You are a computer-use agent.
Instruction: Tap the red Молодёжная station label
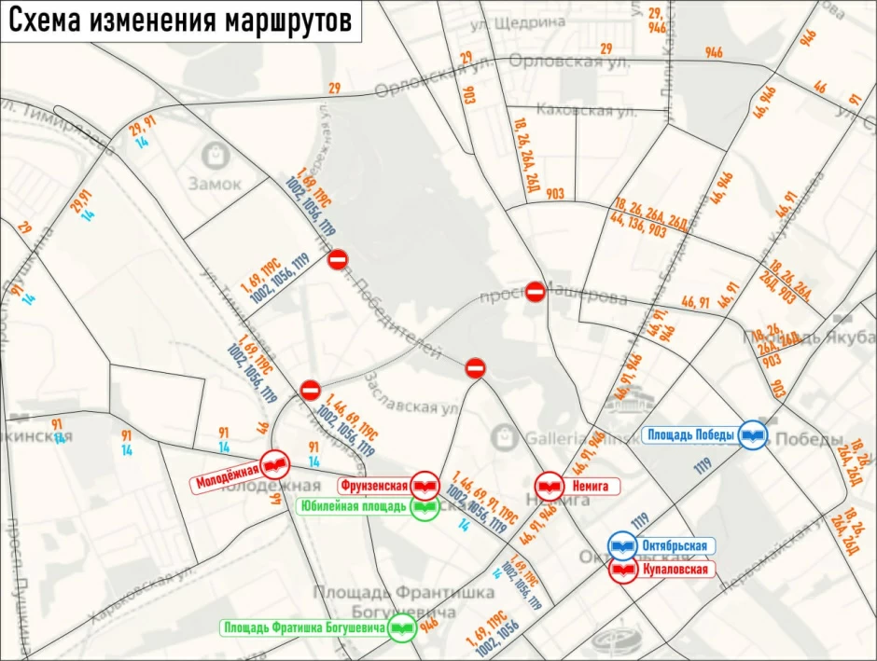click(227, 483)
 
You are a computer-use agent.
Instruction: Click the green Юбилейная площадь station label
click(354, 507)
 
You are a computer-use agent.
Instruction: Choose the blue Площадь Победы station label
click(691, 434)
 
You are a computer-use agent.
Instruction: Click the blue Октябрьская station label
click(678, 546)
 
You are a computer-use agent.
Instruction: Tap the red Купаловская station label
click(675, 570)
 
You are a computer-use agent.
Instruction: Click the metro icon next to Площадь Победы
click(753, 435)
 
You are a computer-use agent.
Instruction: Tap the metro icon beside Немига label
click(549, 486)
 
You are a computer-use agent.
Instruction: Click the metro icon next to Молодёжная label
click(275, 463)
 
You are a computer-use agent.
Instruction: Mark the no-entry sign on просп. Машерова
click(535, 292)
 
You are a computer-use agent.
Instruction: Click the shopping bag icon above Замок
click(217, 152)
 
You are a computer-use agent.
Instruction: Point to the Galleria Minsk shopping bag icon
click(505, 435)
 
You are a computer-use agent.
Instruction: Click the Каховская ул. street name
click(576, 111)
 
